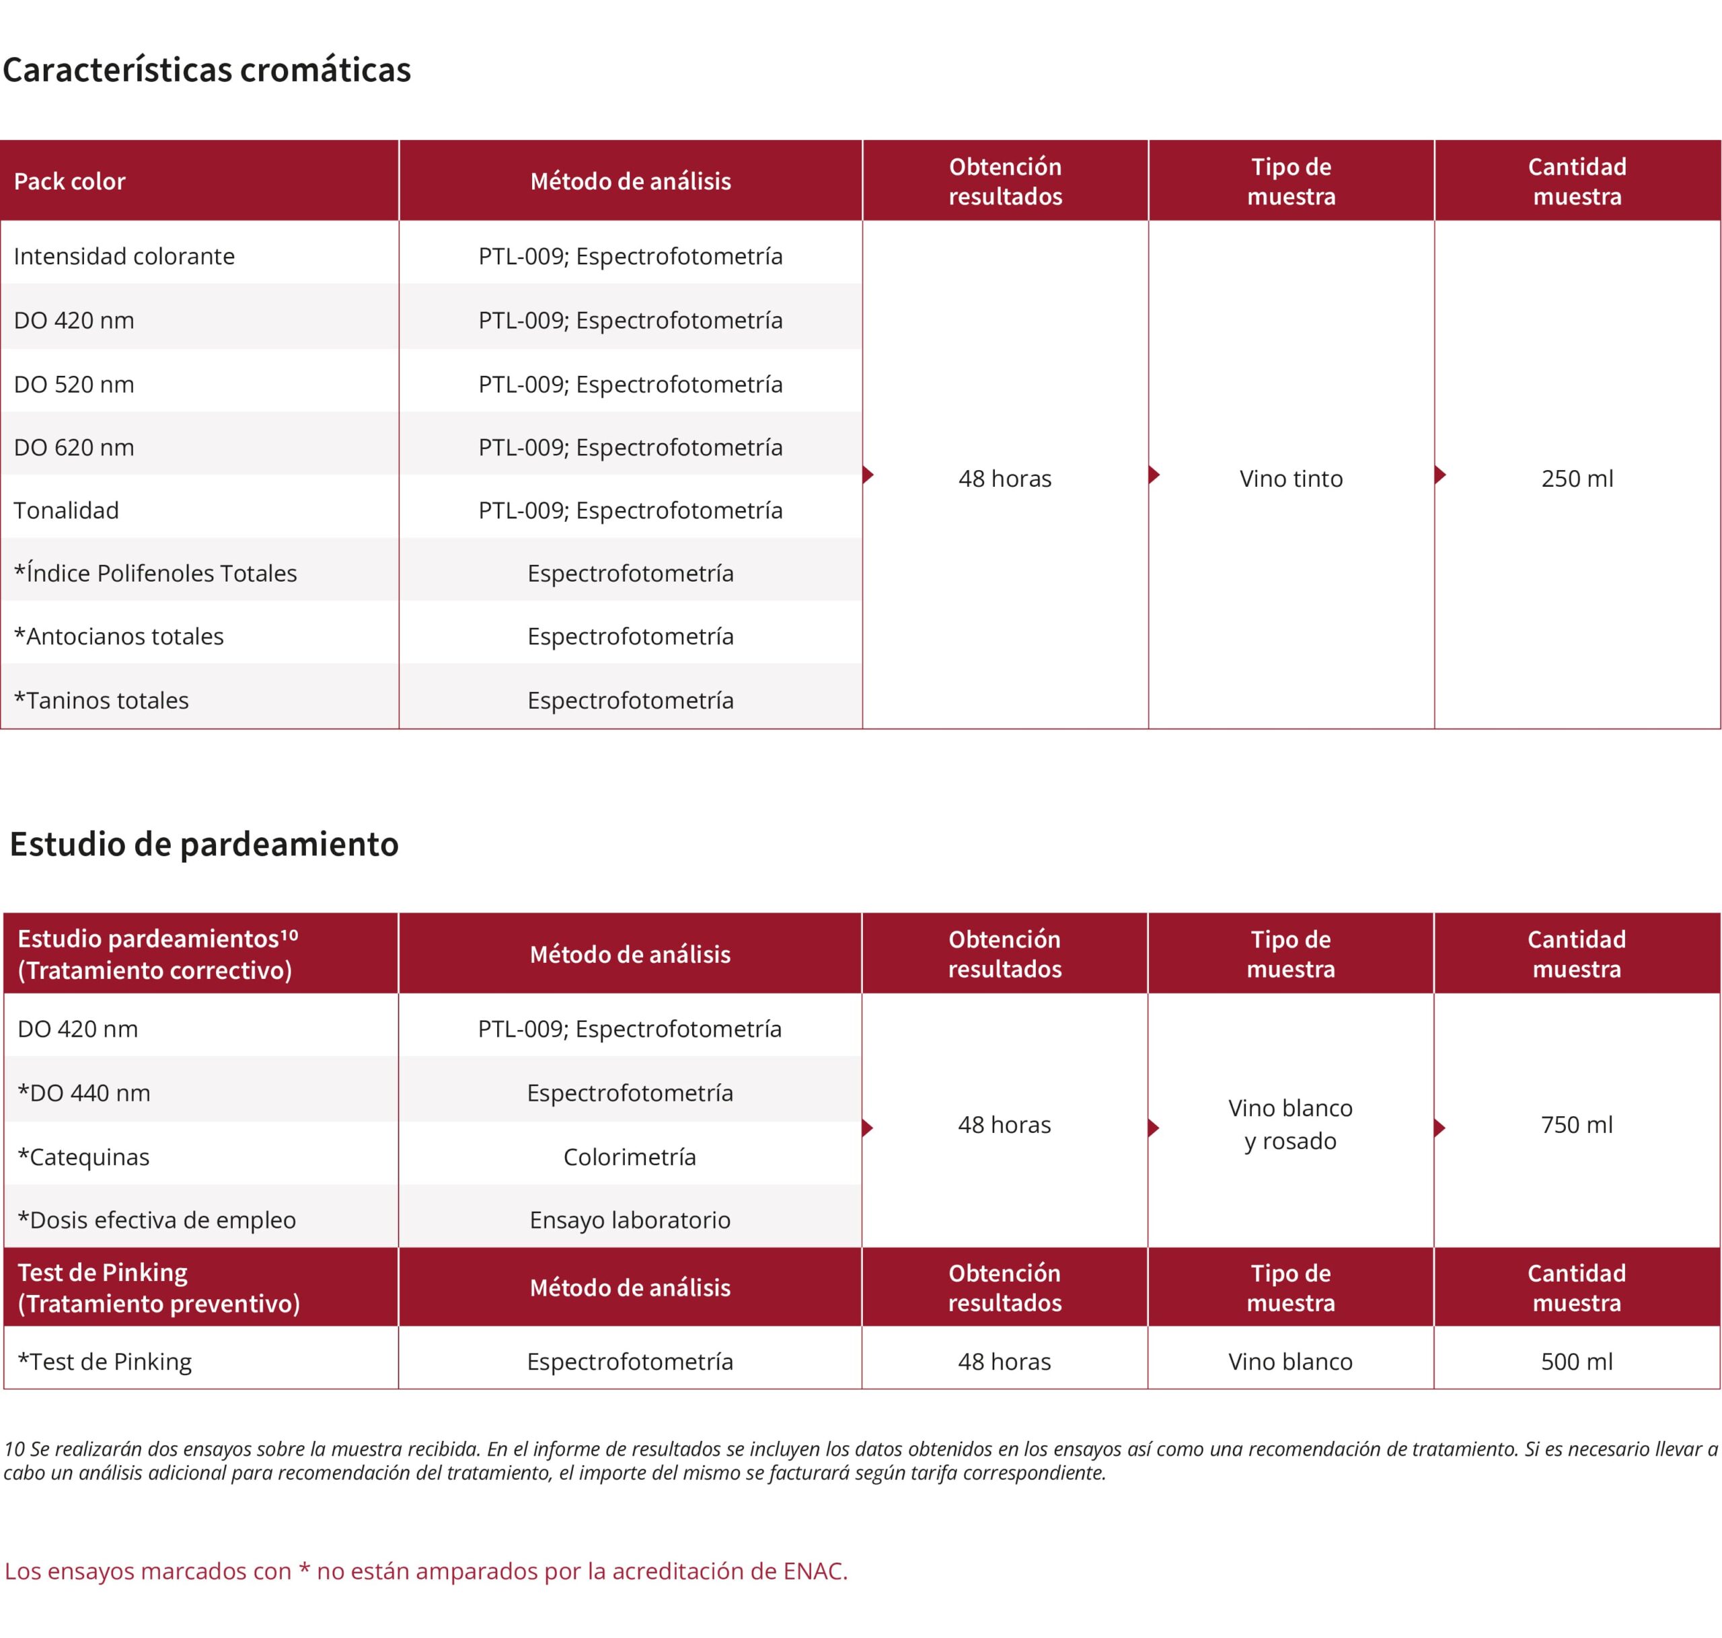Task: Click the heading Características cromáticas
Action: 207,70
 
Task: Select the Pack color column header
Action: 70,182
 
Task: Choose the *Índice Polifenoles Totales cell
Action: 155,573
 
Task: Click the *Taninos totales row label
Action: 102,700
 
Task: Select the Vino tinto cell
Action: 1291,479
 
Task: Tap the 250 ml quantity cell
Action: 1576,479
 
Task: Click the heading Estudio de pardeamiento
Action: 204,845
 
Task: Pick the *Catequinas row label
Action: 84,1157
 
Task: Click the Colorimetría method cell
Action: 630,1157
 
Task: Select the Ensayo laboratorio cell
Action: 630,1220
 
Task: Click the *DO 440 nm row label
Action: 84,1093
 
